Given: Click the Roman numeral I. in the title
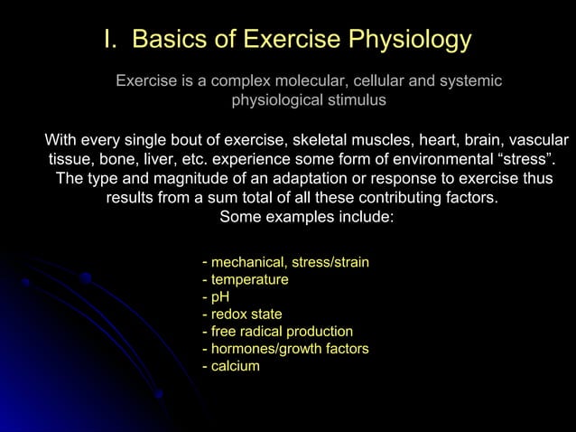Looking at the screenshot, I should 109,41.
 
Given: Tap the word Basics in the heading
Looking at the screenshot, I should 170,41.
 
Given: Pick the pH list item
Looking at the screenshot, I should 217,297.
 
